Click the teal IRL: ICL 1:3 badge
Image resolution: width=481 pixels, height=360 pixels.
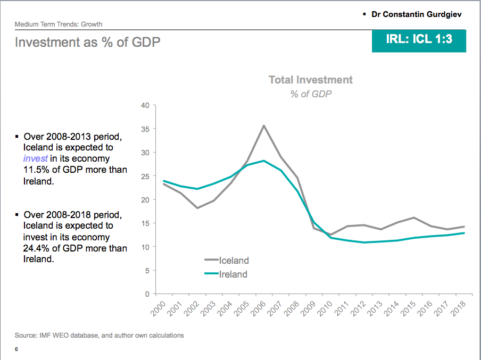419,39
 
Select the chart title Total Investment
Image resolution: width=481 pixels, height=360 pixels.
311,80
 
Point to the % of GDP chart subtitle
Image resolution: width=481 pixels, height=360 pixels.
311,94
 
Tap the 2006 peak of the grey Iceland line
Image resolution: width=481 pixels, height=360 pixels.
264,125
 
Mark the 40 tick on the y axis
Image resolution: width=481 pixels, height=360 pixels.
145,105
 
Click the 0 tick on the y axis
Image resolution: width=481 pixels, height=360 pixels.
147,294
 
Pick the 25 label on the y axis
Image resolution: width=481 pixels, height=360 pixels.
145,176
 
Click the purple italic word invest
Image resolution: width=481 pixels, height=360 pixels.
36,158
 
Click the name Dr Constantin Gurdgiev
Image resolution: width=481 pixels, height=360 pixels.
417,14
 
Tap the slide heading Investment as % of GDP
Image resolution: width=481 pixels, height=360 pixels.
88,42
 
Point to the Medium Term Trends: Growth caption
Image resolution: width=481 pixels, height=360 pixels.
59,24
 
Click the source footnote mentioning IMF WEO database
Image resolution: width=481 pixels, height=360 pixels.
99,336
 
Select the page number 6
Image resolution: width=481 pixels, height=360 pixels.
16,349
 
